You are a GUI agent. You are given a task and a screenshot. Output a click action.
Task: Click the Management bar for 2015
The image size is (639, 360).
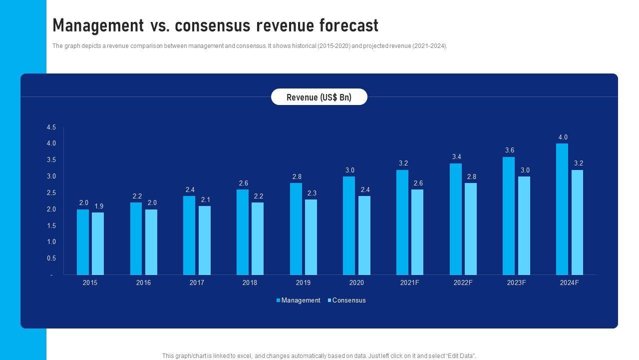coord(83,242)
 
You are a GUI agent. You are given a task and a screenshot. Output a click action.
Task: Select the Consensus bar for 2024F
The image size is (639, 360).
coord(577,222)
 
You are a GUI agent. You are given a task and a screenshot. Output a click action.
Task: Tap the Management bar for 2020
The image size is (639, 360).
coord(349,225)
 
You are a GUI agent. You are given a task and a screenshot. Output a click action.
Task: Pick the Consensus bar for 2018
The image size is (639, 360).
coord(258,238)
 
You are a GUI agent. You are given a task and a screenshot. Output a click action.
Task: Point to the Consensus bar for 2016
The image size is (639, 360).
coord(151,242)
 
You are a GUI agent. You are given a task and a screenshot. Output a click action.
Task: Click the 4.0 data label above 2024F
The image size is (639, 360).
coord(563,137)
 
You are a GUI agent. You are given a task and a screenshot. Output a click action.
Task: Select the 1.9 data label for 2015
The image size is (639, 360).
coord(99,206)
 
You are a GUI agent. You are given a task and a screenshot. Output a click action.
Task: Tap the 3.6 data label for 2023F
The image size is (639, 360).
coord(510,150)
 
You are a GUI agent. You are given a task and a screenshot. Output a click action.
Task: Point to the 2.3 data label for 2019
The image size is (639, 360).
coord(312,193)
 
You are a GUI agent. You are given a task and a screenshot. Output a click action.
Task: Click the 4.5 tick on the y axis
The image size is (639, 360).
coord(51,128)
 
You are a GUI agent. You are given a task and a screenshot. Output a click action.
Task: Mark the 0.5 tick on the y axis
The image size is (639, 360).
coord(51,258)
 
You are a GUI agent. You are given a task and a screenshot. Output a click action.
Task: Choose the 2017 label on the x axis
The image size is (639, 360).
coord(197,283)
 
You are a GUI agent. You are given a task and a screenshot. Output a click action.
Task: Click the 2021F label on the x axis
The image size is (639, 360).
coord(410,283)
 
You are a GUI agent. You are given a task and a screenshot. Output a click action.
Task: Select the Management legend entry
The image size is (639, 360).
coord(301,300)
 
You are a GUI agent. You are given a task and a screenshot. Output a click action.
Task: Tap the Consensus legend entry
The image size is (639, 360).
coord(349,300)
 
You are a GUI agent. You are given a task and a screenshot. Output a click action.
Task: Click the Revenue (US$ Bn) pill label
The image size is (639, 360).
coord(319,97)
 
